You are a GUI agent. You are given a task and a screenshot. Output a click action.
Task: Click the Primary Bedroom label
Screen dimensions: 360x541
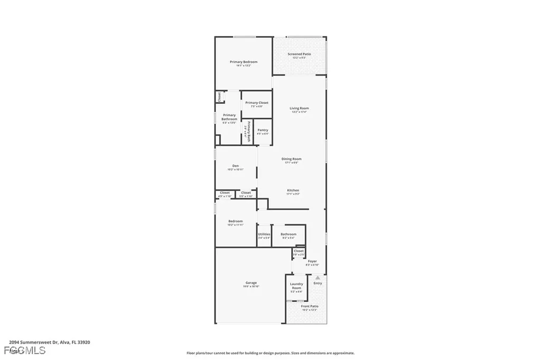(x=244, y=62)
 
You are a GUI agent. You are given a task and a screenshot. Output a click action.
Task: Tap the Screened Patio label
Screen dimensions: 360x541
(x=299, y=54)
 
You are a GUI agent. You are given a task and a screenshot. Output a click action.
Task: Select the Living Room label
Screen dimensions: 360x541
(x=299, y=109)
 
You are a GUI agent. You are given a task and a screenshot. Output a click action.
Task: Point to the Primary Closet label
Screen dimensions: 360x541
(x=257, y=103)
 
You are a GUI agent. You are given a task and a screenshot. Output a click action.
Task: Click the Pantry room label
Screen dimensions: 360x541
(x=263, y=130)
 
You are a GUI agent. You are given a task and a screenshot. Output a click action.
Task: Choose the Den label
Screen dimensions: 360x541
(x=236, y=166)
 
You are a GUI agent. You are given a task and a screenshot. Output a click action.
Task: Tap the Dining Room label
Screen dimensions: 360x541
(x=291, y=159)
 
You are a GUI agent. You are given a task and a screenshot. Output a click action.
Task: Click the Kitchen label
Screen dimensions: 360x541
(x=293, y=191)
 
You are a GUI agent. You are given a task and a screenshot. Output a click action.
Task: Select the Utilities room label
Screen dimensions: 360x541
(x=264, y=234)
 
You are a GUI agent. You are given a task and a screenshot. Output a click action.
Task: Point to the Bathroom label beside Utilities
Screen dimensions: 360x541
(x=288, y=234)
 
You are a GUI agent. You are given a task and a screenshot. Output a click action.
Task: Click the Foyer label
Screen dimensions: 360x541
(x=312, y=261)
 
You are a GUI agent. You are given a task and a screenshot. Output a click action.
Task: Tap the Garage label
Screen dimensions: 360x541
(x=251, y=283)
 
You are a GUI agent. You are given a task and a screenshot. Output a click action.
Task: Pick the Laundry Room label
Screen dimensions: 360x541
(x=296, y=286)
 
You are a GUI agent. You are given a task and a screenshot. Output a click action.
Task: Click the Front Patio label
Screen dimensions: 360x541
(x=310, y=307)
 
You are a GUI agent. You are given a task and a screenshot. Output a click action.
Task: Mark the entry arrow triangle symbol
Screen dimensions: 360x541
(x=318, y=277)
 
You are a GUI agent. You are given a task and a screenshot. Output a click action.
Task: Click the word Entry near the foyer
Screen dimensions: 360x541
(x=318, y=283)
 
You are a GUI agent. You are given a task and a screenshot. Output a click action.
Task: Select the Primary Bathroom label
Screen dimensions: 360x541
(x=229, y=117)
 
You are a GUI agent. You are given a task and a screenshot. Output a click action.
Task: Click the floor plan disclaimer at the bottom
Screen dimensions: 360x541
(x=270, y=353)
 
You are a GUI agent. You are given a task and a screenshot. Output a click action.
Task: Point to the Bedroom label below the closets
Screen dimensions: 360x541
(x=236, y=221)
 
